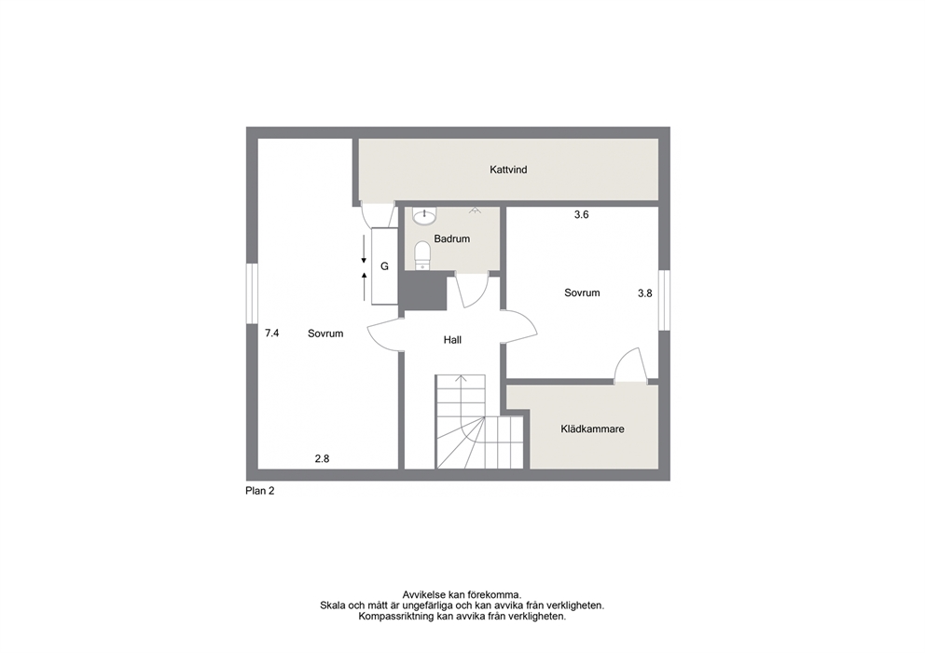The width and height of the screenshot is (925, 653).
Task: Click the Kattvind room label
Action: pyautogui.click(x=508, y=170)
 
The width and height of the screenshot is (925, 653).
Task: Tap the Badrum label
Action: pyautogui.click(x=452, y=238)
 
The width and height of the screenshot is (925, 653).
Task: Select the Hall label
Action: pyautogui.click(x=452, y=339)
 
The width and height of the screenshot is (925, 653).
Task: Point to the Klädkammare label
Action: pyautogui.click(x=592, y=429)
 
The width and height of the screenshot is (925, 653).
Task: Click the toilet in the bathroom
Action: pyautogui.click(x=422, y=255)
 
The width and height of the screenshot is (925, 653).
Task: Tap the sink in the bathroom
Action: pyautogui.click(x=424, y=216)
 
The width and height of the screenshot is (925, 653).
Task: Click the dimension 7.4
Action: pyautogui.click(x=272, y=333)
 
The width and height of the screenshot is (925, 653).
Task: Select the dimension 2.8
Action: pyautogui.click(x=322, y=458)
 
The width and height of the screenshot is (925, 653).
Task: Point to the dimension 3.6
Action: pyautogui.click(x=582, y=215)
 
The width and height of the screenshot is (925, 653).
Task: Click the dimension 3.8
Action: pyautogui.click(x=644, y=292)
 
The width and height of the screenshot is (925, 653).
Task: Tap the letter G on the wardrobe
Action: pyautogui.click(x=384, y=266)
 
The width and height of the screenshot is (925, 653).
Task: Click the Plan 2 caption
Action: pyautogui.click(x=259, y=491)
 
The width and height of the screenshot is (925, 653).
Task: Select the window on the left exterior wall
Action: pyautogui.click(x=253, y=292)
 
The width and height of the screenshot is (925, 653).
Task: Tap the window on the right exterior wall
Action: pyautogui.click(x=664, y=300)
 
